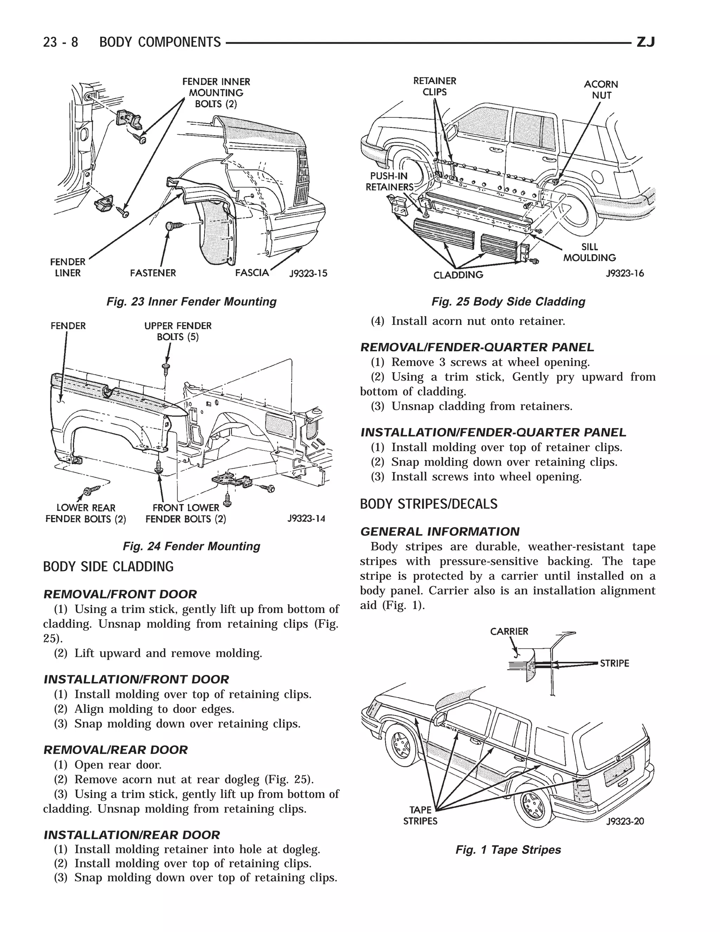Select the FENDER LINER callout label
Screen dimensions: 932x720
68,267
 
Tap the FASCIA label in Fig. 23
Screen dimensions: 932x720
252,272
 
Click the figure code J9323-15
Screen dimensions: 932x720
308,274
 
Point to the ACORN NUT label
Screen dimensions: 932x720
601,90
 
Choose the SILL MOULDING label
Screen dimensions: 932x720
590,252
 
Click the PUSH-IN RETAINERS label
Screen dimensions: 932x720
389,181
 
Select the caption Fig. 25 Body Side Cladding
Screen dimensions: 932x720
508,302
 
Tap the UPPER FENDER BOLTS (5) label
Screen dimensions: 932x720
178,331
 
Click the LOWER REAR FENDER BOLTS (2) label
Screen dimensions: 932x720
86,513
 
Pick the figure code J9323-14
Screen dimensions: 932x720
306,518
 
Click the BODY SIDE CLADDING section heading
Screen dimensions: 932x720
108,567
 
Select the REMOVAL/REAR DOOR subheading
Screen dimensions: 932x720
116,750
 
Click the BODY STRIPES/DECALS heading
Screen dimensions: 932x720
429,504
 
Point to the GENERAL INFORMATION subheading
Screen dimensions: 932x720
440,532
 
